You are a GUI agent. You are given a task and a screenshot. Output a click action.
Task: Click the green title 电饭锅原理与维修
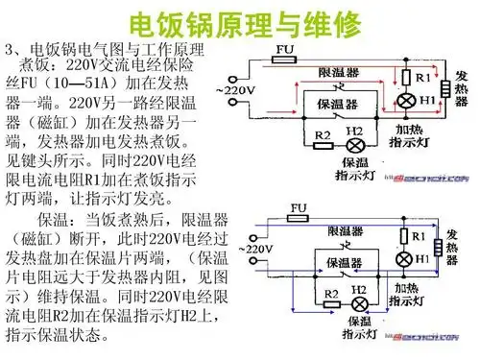tap(239, 20)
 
